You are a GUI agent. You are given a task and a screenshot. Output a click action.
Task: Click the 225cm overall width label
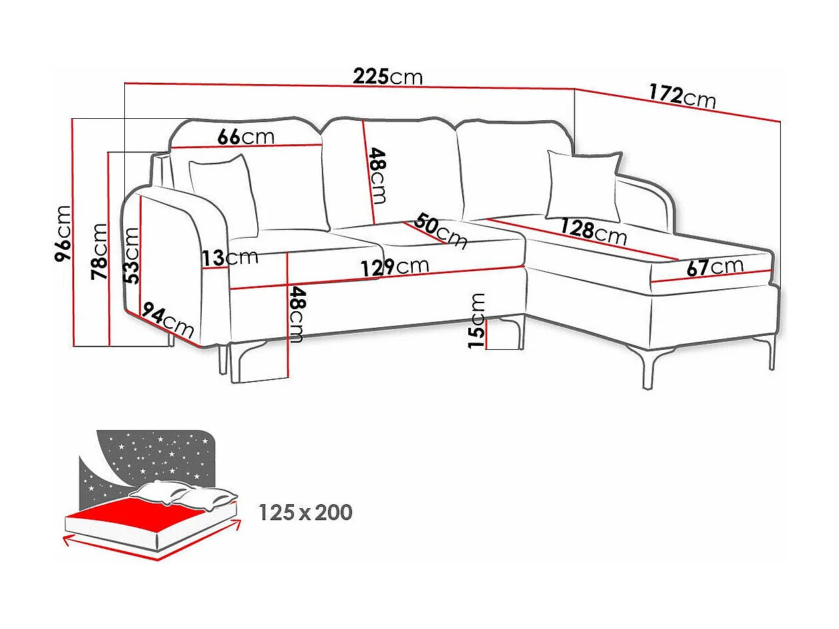(x=388, y=77)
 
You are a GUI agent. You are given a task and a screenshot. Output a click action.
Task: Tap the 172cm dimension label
(x=682, y=95)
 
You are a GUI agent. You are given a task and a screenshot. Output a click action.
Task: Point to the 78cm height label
(x=99, y=251)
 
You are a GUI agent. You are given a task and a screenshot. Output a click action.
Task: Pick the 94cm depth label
(x=168, y=322)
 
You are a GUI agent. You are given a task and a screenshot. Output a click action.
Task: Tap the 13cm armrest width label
(x=231, y=258)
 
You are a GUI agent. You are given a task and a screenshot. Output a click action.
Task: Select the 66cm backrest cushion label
(x=246, y=137)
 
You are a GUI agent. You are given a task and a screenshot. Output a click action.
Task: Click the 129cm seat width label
(x=395, y=267)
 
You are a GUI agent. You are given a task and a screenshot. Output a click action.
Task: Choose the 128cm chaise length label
(x=593, y=231)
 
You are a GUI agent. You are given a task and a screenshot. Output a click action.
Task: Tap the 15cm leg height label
(x=477, y=321)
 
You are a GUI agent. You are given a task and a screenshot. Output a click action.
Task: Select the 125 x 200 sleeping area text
(x=305, y=513)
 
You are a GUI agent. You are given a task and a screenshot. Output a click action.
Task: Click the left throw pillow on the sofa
(x=223, y=194)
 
